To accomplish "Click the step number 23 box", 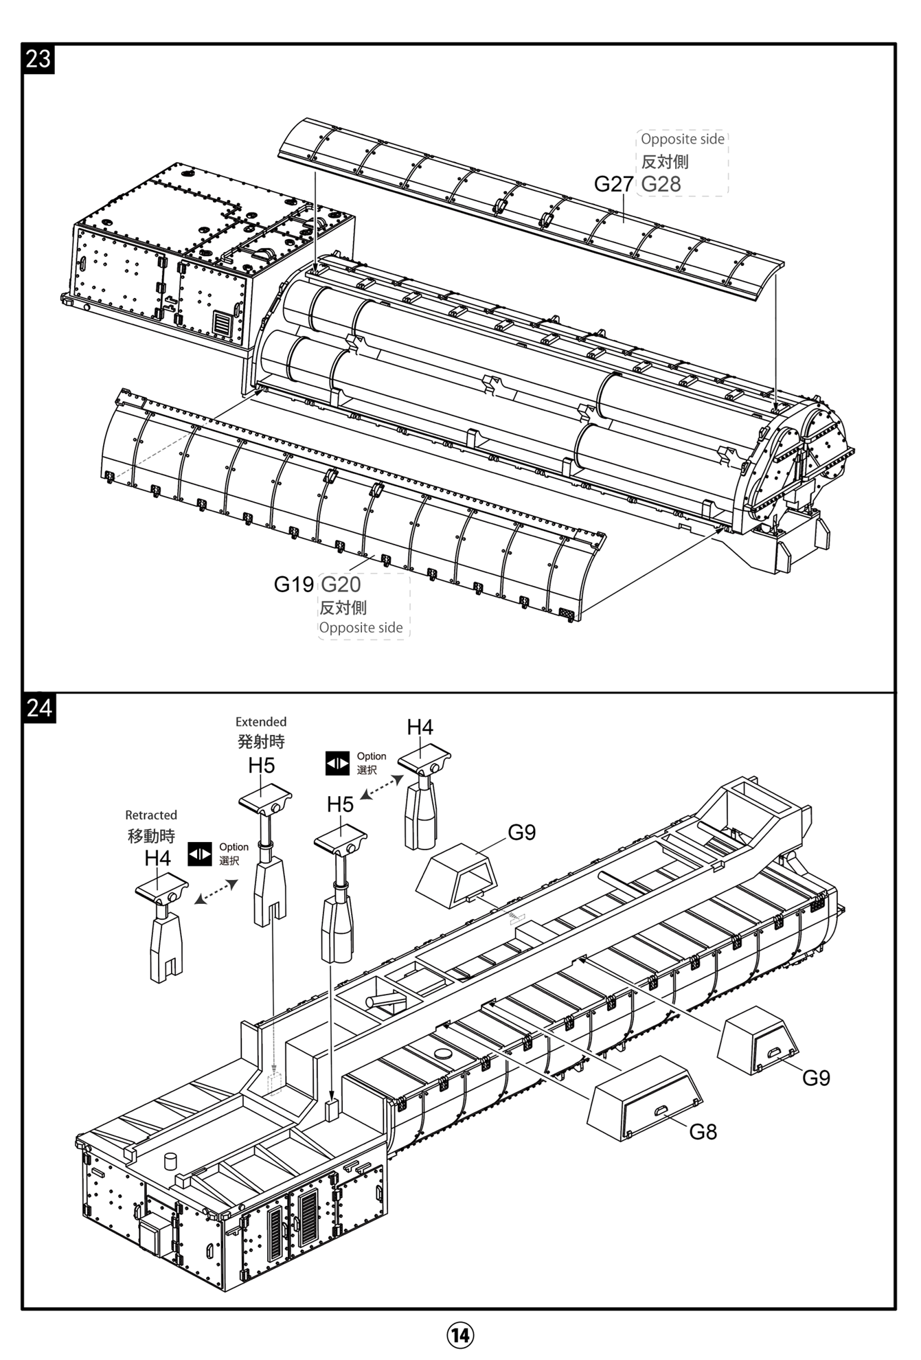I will pyautogui.click(x=38, y=59).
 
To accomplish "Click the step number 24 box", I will pyautogui.click(x=39, y=708).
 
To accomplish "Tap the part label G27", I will pyautogui.click(x=613, y=184).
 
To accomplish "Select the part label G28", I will pyautogui.click(x=661, y=184).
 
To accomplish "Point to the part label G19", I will pyautogui.click(x=293, y=585).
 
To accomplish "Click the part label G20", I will pyautogui.click(x=341, y=585).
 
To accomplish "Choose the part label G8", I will pyautogui.click(x=703, y=1131).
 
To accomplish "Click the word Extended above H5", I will pyautogui.click(x=261, y=722).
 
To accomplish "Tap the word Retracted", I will pyautogui.click(x=151, y=815).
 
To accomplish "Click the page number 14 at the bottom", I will pyautogui.click(x=460, y=1335).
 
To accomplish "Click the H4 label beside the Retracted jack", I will pyautogui.click(x=157, y=858).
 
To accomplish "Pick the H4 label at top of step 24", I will pyautogui.click(x=420, y=727).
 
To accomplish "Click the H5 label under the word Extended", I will pyautogui.click(x=261, y=765).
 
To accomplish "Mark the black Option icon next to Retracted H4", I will pyautogui.click(x=200, y=854).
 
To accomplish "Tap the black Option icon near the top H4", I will pyautogui.click(x=337, y=763).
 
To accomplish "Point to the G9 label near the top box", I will pyautogui.click(x=521, y=832).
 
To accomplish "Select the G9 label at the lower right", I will pyautogui.click(x=816, y=1078).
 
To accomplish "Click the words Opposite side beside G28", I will pyautogui.click(x=683, y=139).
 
